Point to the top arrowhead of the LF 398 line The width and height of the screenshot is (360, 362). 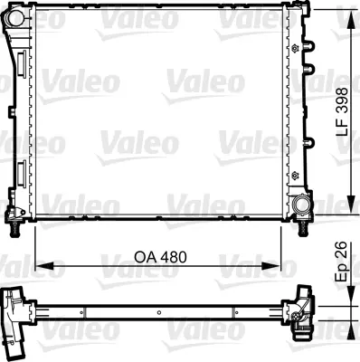(x=349, y=11)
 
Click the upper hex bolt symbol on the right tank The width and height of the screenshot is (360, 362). (x=295, y=45)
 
